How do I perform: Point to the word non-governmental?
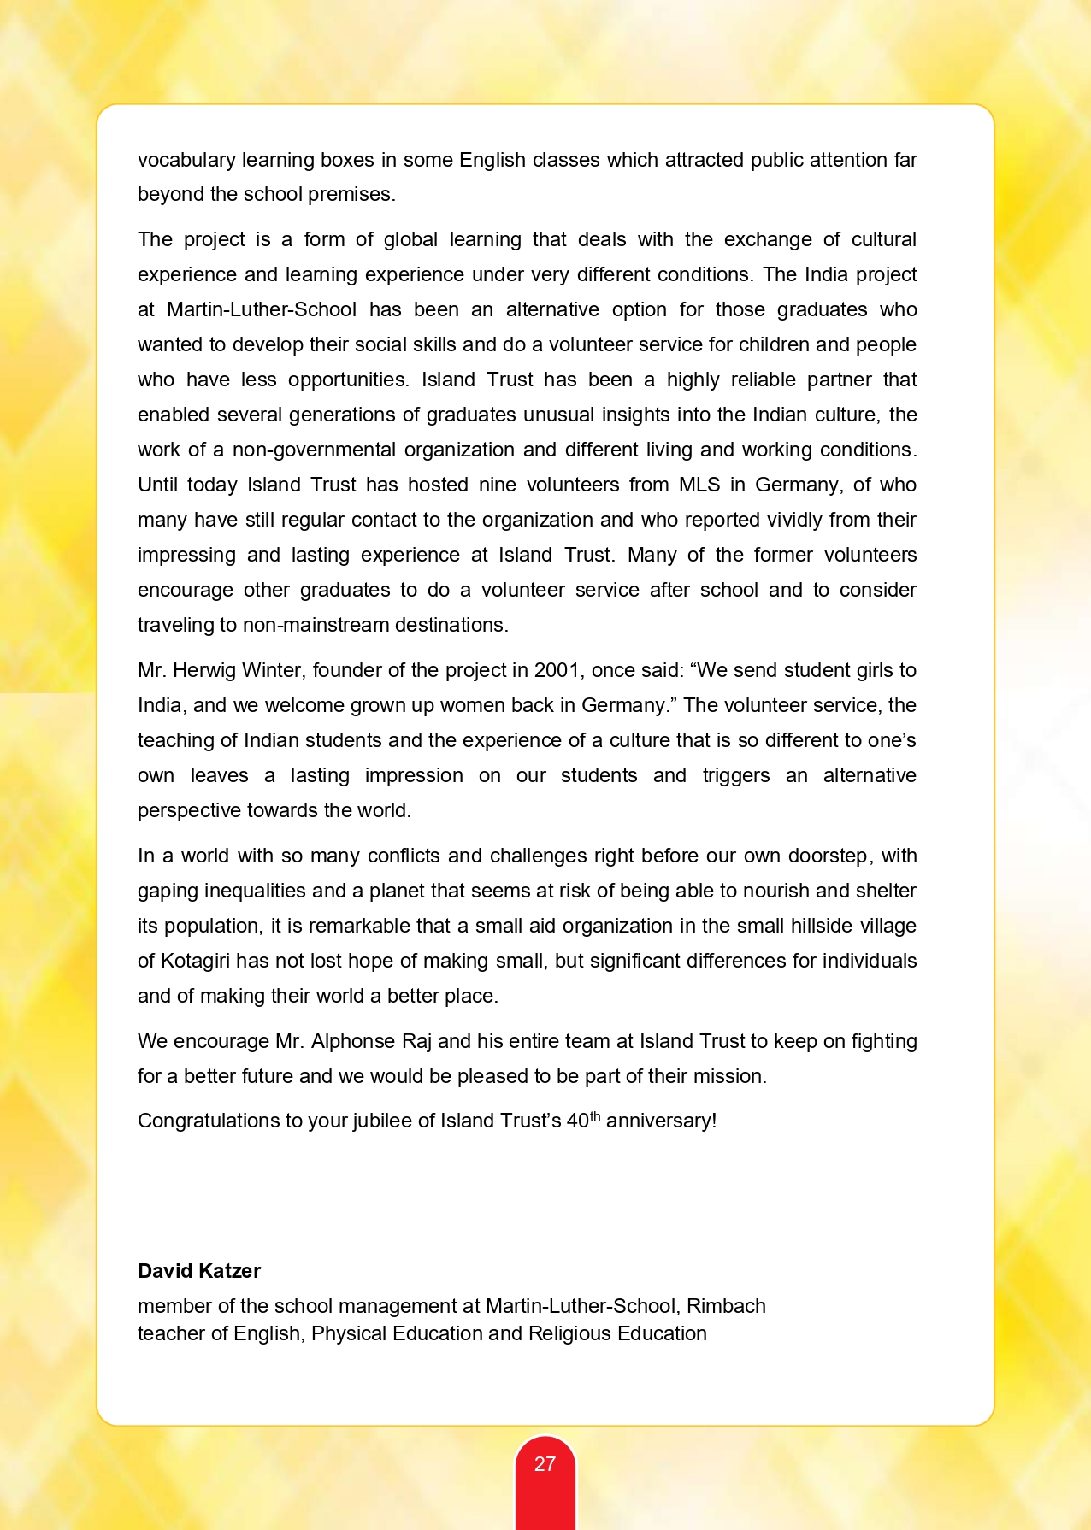(x=314, y=450)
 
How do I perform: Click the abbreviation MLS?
(x=699, y=485)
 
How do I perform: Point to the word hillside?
(x=802, y=926)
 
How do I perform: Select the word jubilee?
(x=380, y=1121)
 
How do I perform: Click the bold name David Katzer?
(x=199, y=1271)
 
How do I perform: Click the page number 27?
(x=545, y=1464)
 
